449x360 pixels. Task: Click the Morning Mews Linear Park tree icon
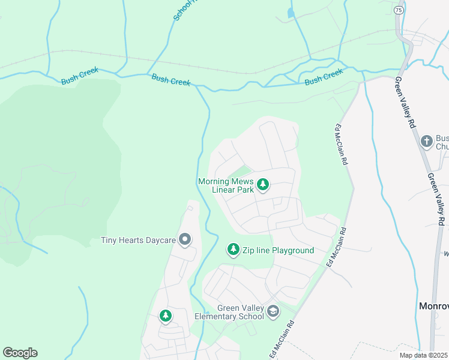pos(262,185)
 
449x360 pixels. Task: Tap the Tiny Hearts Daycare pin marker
pos(185,240)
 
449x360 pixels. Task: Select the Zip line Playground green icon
pos(234,250)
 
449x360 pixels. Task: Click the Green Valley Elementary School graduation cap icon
pos(273,311)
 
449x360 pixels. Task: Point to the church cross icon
pos(427,141)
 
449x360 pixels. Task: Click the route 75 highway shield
pos(399,10)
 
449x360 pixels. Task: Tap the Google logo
pos(20,353)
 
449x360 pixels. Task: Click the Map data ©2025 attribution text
pos(423,355)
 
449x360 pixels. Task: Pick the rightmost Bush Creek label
pos(324,76)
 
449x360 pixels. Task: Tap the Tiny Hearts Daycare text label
pos(138,241)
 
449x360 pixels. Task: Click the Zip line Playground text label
pos(278,250)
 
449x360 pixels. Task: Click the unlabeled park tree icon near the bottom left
pos(165,315)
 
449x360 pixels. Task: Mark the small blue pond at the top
pos(291,12)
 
